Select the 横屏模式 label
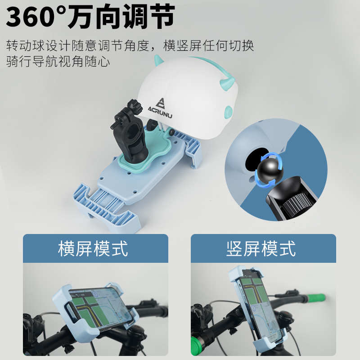pyautogui.click(x=93, y=248)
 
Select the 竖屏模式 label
pyautogui.click(x=261, y=248)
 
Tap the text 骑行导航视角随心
pyautogui.click(x=58, y=61)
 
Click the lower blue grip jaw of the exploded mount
pyautogui.click(x=108, y=207)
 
